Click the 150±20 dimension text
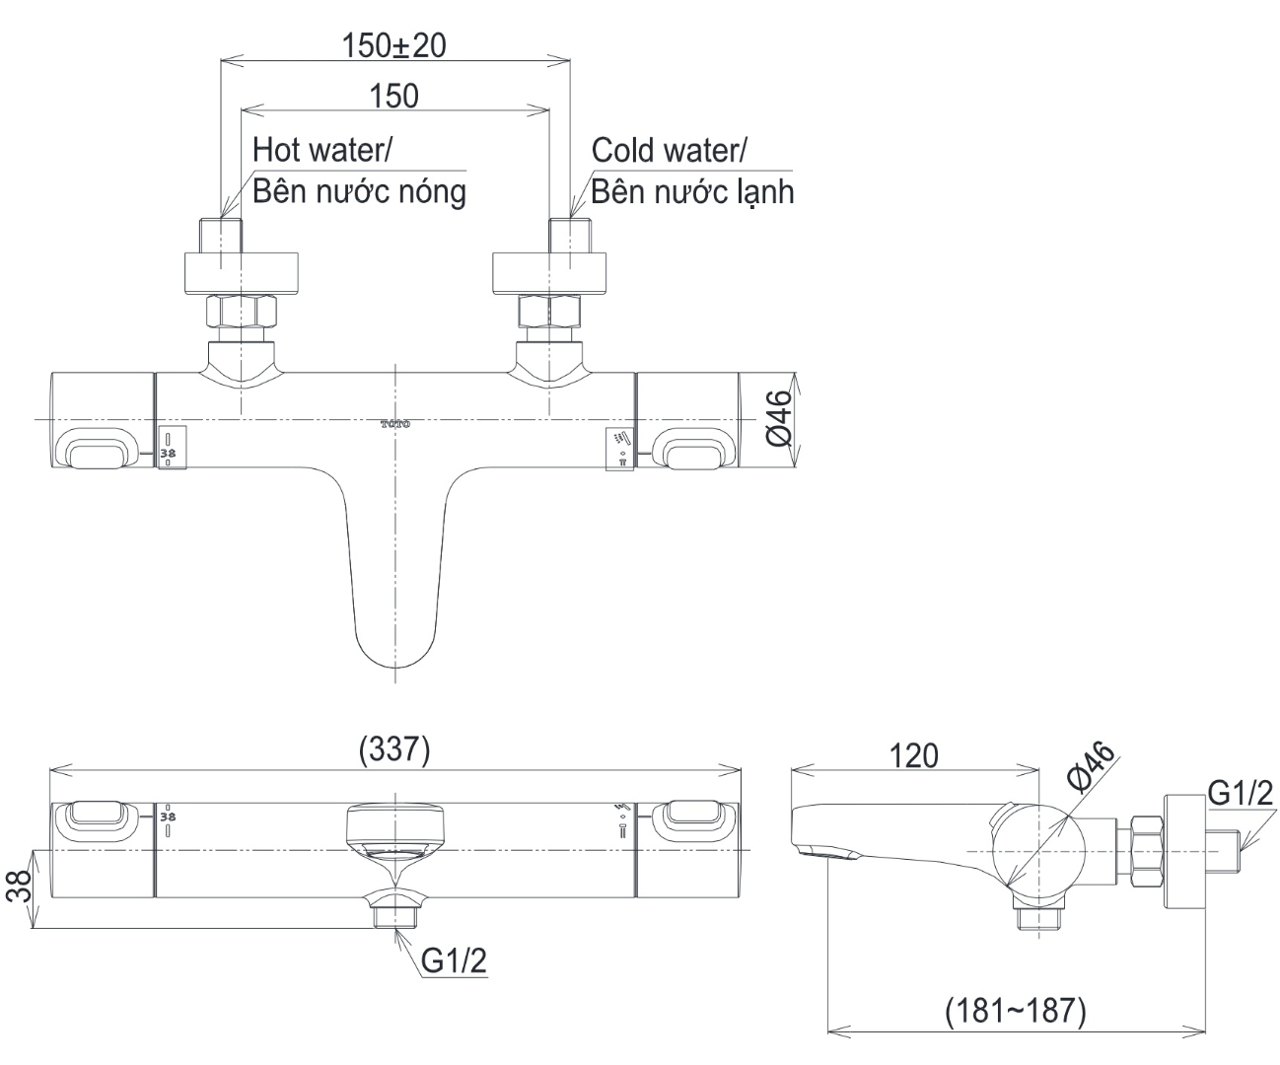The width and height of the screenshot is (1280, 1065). (x=393, y=45)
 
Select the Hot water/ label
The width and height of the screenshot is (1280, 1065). (x=322, y=150)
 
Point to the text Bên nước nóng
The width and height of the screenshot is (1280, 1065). (x=359, y=190)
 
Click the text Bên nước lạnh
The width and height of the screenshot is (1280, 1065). (x=692, y=190)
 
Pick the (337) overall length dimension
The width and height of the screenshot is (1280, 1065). (x=394, y=750)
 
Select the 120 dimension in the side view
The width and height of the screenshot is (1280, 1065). (x=914, y=755)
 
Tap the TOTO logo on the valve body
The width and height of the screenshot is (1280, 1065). (x=394, y=424)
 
